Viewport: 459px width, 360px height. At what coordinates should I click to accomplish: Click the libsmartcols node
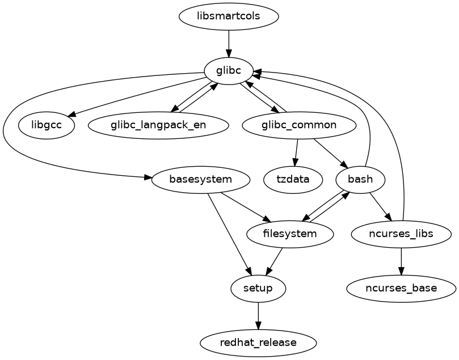[229, 16]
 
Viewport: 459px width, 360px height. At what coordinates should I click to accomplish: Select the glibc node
[229, 71]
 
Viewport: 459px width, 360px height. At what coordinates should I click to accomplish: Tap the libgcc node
[47, 125]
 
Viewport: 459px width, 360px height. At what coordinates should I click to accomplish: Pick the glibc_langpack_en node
[158, 125]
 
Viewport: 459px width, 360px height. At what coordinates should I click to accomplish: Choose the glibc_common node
[298, 125]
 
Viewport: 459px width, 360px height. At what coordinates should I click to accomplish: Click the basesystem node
[201, 180]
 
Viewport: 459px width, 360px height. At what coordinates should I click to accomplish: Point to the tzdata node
[293, 180]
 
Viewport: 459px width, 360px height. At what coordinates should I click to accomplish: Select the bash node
[360, 180]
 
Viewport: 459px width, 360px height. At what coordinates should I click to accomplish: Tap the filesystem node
[290, 234]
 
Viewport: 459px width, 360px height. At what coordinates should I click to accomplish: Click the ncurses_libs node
[401, 234]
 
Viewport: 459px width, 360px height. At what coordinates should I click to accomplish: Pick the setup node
[258, 289]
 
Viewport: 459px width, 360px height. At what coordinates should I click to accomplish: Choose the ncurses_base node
[401, 289]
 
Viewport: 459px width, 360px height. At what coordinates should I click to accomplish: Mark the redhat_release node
[258, 343]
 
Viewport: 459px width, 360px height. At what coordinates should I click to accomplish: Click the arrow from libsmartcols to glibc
[229, 43]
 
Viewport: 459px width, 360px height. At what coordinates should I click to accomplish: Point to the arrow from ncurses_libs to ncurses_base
[401, 261]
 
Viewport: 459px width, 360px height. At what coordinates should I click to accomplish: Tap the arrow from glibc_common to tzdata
[296, 152]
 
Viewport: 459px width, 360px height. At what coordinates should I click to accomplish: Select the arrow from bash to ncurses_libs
[380, 207]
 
